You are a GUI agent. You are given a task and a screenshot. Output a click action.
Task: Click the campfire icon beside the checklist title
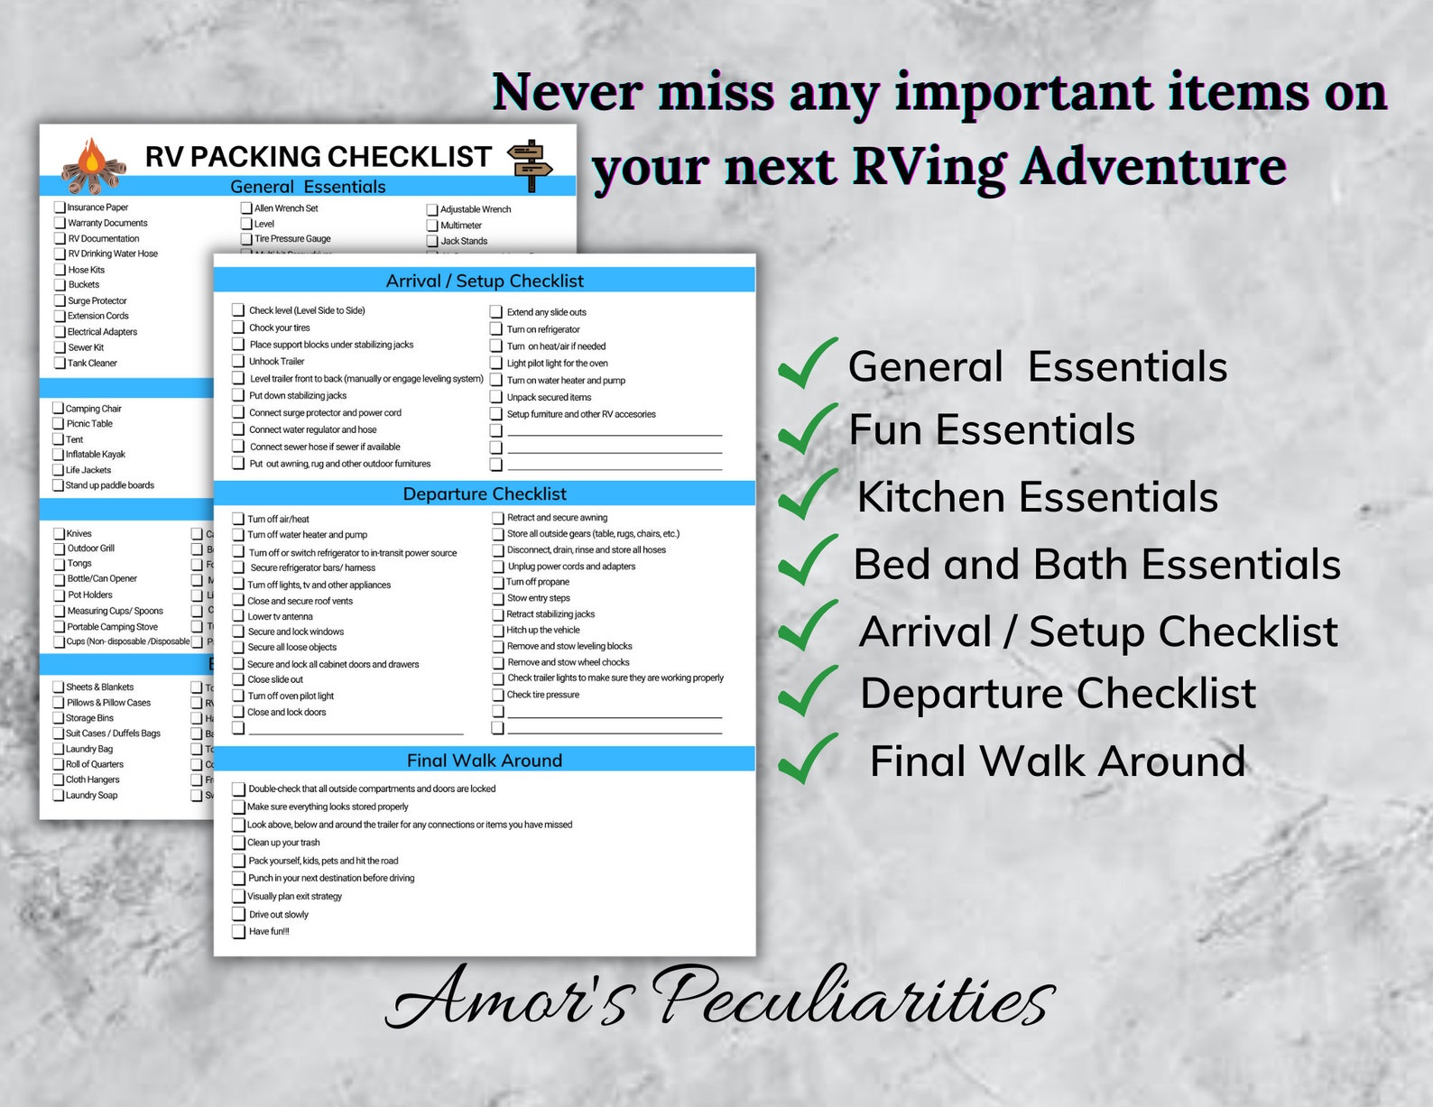(x=93, y=166)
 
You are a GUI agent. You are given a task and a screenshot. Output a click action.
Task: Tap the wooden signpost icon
(x=530, y=165)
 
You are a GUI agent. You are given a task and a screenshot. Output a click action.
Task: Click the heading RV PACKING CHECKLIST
(x=318, y=157)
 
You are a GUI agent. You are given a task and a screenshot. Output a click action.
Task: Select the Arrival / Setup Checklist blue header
(x=484, y=281)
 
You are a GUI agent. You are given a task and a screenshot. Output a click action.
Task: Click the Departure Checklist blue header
(x=484, y=494)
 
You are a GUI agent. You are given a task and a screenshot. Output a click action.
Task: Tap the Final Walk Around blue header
(x=484, y=760)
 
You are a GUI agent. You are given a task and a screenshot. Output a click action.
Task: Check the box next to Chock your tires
(x=238, y=327)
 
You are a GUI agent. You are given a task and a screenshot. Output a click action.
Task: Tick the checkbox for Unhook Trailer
(x=238, y=361)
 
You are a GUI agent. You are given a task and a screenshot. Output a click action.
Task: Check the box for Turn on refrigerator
(x=496, y=328)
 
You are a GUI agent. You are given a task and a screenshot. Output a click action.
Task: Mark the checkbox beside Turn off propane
(x=497, y=582)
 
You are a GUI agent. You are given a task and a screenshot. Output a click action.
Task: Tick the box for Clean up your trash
(x=238, y=842)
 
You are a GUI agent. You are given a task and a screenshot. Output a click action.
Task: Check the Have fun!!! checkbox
(x=238, y=931)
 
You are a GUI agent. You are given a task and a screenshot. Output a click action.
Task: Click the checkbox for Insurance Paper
(x=60, y=208)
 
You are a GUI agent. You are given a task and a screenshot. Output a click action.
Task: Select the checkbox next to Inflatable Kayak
(x=59, y=455)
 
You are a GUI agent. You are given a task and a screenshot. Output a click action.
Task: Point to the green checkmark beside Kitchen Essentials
(x=807, y=494)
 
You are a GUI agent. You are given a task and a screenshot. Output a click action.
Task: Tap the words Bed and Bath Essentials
(x=1096, y=565)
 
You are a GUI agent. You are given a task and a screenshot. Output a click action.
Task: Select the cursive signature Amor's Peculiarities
(x=720, y=997)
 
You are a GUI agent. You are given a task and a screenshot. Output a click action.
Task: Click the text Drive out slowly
(x=278, y=914)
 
